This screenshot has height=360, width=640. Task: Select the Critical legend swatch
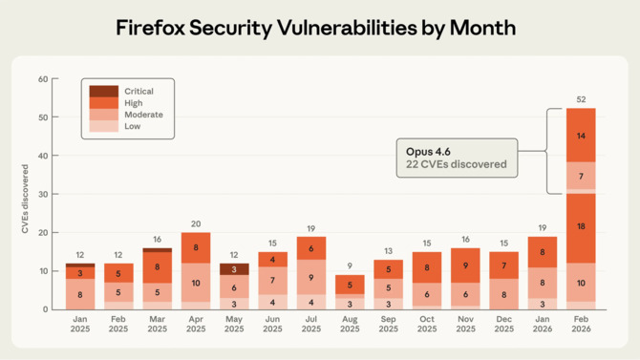[x=104, y=92]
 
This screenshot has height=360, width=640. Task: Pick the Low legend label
[x=133, y=126]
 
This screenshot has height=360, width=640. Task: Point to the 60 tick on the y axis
[x=42, y=79]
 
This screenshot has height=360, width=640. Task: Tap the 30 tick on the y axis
[x=42, y=194]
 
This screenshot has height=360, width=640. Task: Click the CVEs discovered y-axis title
[x=25, y=199]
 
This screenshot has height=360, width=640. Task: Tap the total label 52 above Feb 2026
[x=581, y=99]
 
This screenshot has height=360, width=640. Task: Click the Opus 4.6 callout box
[x=457, y=159]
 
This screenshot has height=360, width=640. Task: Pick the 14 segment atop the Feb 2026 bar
[x=581, y=136]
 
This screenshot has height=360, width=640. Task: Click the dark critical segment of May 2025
[x=234, y=269]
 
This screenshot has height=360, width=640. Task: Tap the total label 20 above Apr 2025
[x=196, y=224]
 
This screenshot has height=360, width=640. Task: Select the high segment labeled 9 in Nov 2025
[x=465, y=265]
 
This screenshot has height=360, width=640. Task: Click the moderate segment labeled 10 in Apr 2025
[x=196, y=283]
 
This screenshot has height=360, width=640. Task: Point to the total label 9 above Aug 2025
[x=350, y=266]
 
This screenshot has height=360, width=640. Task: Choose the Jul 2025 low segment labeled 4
[x=311, y=302]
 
